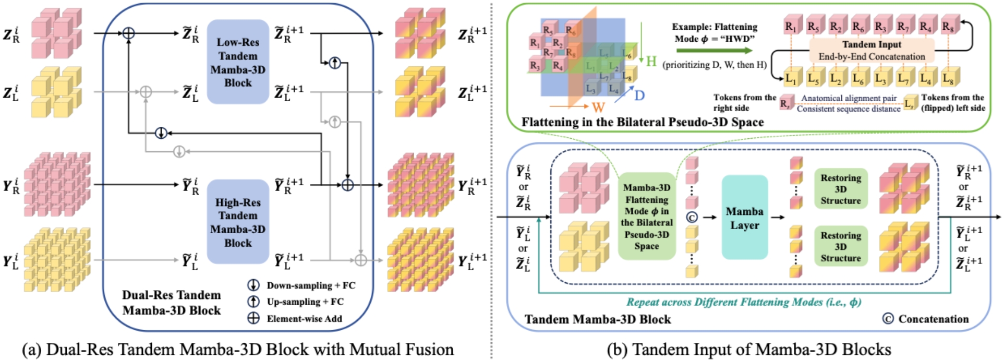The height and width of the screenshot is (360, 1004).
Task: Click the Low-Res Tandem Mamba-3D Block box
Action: pyautogui.click(x=238, y=62)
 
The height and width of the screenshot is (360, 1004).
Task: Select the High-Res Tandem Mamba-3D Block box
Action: pyautogui.click(x=238, y=222)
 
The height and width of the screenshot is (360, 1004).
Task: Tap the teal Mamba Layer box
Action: pyautogui.click(x=744, y=218)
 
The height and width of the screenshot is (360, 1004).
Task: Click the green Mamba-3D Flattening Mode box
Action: pyautogui.click(x=647, y=216)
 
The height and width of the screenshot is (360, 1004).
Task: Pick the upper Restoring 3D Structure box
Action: pyautogui.click(x=840, y=188)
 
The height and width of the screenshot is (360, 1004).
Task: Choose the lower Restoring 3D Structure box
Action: pyautogui.click(x=840, y=246)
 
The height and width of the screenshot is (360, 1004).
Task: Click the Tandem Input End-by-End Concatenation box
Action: pyautogui.click(x=872, y=51)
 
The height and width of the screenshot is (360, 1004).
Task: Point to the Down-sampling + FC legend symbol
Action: pyautogui.click(x=253, y=285)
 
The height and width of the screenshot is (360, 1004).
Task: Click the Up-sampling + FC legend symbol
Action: pyautogui.click(x=253, y=302)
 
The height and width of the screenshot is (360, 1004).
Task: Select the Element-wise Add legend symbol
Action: pyautogui.click(x=253, y=318)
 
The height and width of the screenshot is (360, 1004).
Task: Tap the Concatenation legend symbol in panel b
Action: pyautogui.click(x=888, y=319)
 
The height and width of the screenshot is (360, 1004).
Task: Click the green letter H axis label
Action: pyautogui.click(x=651, y=62)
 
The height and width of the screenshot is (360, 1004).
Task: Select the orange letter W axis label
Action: pyautogui.click(x=598, y=107)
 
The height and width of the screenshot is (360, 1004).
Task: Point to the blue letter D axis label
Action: pyautogui.click(x=639, y=95)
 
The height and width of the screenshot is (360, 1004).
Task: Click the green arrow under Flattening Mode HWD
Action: pyautogui.click(x=715, y=51)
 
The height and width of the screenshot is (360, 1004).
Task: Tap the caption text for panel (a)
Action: pyautogui.click(x=238, y=349)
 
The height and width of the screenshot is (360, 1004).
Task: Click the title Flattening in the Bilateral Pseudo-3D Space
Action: pyautogui.click(x=643, y=122)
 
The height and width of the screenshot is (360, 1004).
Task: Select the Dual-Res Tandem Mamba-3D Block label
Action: pyautogui.click(x=172, y=303)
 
